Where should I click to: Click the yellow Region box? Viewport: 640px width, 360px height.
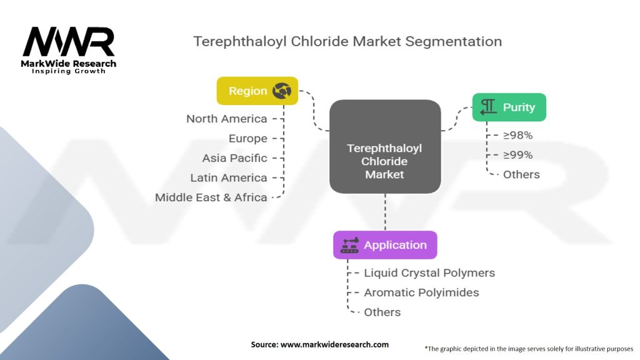pos(257,91)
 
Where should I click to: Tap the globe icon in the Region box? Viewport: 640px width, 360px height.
pos(282,91)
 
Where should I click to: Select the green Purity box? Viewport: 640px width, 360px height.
pos(509,107)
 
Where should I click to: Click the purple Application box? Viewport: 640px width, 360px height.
pos(385,245)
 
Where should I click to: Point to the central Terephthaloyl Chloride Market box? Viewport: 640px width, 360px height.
pos(385,146)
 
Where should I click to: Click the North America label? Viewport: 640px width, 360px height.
pos(226,119)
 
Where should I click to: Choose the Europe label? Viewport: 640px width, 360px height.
pos(247,139)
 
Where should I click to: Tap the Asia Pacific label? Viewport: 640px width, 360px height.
pos(234,158)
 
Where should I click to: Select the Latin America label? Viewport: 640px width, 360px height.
pos(228,178)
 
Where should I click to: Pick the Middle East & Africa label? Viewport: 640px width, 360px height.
pos(211,197)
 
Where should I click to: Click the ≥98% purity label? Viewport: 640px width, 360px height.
pos(517,135)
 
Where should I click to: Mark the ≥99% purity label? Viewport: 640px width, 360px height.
pos(517,155)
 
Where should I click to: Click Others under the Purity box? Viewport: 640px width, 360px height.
pos(521,175)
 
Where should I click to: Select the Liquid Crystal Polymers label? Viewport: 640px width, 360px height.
pos(429,273)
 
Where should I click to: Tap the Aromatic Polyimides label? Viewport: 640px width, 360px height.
pos(421,292)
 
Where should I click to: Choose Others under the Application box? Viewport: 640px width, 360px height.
pos(382,312)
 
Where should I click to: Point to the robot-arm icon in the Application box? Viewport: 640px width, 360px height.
pos(349,245)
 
